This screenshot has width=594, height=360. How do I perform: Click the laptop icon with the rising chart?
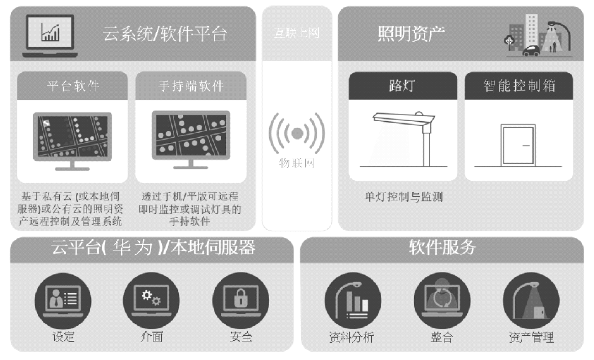click(50, 36)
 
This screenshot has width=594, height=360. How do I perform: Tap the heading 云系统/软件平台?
click(165, 34)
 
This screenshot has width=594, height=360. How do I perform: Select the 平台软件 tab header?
click(72, 86)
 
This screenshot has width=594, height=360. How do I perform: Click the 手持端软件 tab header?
click(191, 86)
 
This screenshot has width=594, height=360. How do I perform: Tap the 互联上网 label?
click(296, 33)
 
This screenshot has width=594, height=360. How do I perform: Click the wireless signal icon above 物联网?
click(297, 133)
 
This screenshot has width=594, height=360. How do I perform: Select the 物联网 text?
click(297, 163)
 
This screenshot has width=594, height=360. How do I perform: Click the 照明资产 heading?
click(411, 34)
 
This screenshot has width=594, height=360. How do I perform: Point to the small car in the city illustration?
click(531, 51)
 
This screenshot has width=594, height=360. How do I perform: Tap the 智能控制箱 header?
click(519, 86)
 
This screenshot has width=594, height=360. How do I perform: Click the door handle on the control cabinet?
click(526, 146)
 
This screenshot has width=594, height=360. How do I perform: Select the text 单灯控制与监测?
click(404, 197)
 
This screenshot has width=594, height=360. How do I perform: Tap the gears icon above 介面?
click(151, 298)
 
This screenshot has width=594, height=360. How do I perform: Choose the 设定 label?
click(63, 336)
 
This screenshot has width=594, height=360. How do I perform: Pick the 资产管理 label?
click(531, 337)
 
